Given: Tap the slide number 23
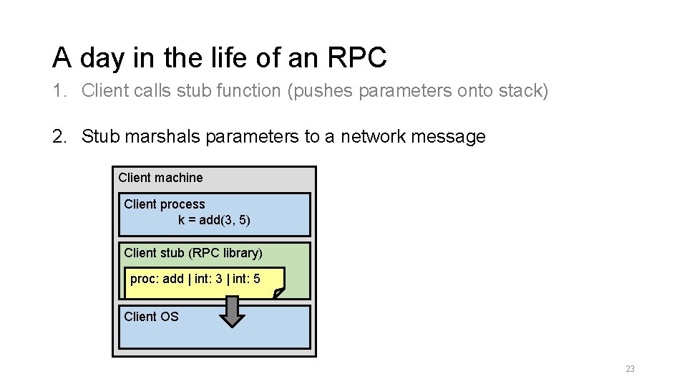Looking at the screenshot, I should pyautogui.click(x=630, y=369).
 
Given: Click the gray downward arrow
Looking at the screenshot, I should pyautogui.click(x=231, y=312).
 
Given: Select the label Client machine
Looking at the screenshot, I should pyautogui.click(x=160, y=178).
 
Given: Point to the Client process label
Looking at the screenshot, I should pyautogui.click(x=164, y=204).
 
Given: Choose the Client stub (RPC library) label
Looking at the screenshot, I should pyautogui.click(x=193, y=253).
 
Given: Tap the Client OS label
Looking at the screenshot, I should pyautogui.click(x=151, y=317).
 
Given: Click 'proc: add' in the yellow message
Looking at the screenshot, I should pyautogui.click(x=156, y=279).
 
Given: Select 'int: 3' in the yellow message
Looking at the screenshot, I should pyautogui.click(x=208, y=279).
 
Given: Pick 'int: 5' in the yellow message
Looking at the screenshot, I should pyautogui.click(x=246, y=279).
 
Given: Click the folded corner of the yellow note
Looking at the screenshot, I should pyautogui.click(x=278, y=292).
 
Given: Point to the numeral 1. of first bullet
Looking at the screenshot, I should pyautogui.click(x=60, y=91).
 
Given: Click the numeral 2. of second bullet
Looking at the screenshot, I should pyautogui.click(x=60, y=136).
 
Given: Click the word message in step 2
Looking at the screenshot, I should pyautogui.click(x=450, y=136).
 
